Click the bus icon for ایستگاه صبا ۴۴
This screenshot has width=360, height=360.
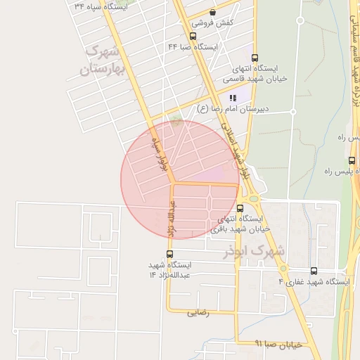click(193, 36)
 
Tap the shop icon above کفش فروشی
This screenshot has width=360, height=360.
click(212, 12)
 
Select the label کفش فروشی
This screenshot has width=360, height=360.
click(214, 23)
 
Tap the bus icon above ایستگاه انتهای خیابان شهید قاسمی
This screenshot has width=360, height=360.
click(254, 58)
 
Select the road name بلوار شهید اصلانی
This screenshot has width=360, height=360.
click(236, 150)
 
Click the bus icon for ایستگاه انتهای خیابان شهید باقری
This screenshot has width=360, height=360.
click(240, 208)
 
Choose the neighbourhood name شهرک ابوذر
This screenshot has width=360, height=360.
click(255, 250)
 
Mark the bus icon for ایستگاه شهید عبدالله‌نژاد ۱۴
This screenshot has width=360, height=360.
click(169, 254)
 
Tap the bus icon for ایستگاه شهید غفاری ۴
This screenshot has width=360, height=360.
click(314, 271)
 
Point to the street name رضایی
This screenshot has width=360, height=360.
click(198, 314)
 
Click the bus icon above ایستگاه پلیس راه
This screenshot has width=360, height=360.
click(352, 160)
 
